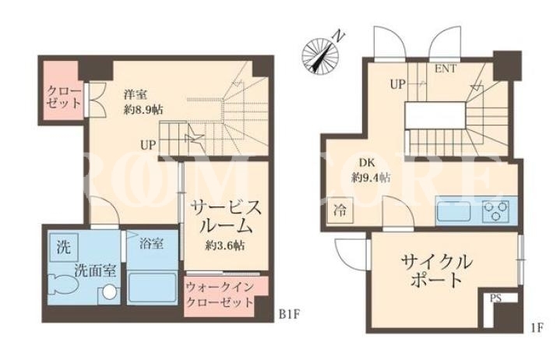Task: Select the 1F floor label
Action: coord(537,327)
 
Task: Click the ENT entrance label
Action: coord(446,69)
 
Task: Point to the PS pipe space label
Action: coord(495,298)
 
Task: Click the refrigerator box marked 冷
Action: coord(340,210)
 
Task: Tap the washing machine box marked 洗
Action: coord(64,247)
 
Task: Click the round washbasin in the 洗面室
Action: coord(109,292)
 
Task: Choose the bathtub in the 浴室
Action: coord(152,288)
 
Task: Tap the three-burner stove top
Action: coord(495,211)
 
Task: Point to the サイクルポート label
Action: coord(436,271)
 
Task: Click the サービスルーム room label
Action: coord(225,217)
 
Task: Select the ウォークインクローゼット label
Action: coord(220,295)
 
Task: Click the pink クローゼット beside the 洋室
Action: coord(59,93)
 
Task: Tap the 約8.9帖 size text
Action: coord(144,109)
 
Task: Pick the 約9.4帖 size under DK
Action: coord(371,177)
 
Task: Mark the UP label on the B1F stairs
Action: coord(148,145)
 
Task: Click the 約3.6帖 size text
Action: coord(224,245)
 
